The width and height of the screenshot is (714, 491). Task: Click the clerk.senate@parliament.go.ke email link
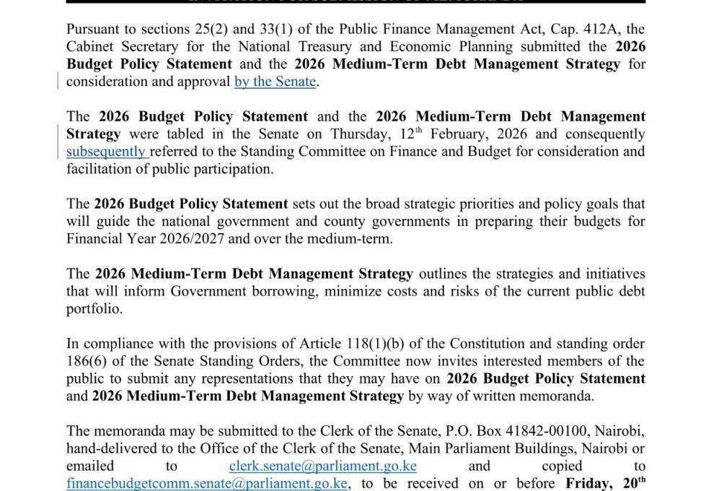coord(322,466)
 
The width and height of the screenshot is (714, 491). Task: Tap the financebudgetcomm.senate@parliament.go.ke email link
coord(208,483)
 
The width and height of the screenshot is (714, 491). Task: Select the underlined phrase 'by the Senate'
coord(275,82)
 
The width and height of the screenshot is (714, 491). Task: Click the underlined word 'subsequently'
coord(106,152)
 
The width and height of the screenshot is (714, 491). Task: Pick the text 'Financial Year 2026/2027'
coord(141,239)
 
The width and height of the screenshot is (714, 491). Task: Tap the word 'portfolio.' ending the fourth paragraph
coord(94,309)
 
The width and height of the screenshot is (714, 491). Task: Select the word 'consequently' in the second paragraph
coord(604,134)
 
